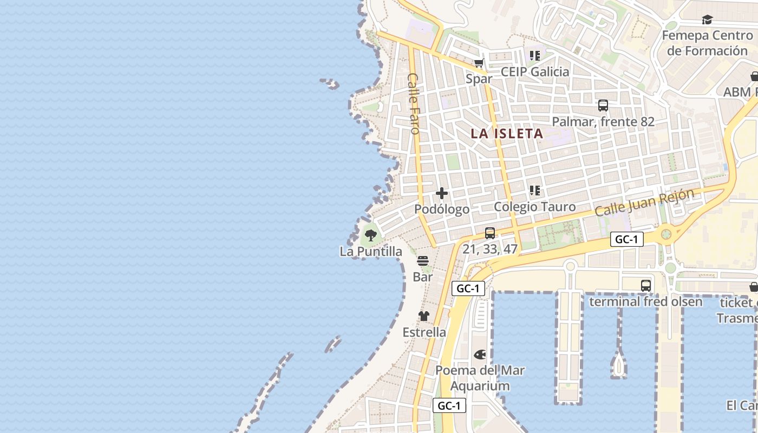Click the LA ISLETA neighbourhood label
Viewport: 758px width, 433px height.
point(506,133)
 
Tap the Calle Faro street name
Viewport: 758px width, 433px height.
point(414,103)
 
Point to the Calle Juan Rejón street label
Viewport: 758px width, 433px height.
point(644,202)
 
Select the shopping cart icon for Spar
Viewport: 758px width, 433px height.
point(479,63)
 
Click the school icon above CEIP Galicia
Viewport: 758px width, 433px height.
point(535,56)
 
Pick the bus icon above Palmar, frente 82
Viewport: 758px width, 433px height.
point(603,106)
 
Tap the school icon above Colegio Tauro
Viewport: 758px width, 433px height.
point(535,191)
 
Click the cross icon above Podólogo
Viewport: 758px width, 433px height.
point(442,193)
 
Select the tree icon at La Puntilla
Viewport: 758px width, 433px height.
point(371,235)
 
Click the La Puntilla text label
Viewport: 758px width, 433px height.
point(371,251)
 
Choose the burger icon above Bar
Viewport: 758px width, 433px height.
point(423,261)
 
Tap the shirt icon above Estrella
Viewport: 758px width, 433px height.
point(424,316)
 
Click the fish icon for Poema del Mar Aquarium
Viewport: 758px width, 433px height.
point(480,355)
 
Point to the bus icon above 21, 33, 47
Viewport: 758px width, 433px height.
point(490,233)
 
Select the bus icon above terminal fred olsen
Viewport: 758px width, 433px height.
point(646,286)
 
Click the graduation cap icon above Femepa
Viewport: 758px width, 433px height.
point(707,20)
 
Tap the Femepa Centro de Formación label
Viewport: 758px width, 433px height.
point(707,43)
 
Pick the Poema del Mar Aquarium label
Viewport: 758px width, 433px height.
point(480,378)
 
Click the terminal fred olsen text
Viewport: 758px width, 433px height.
point(646,301)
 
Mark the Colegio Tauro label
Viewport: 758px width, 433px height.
point(535,206)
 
